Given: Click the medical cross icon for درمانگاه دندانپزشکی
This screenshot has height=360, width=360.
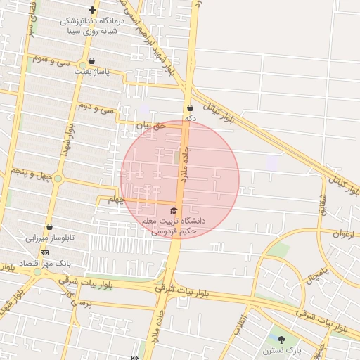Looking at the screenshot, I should pyautogui.click(x=92, y=10).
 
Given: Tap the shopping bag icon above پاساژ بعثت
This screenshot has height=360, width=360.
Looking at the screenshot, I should pyautogui.click(x=92, y=61).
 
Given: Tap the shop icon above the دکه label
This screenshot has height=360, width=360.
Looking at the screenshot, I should pyautogui.click(x=190, y=108).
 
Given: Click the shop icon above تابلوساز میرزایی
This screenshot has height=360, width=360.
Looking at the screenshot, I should pyautogui.click(x=49, y=226).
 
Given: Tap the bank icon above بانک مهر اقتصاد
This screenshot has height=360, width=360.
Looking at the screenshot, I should pyautogui.click(x=44, y=252).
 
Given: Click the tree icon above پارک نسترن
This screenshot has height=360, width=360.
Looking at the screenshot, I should pyautogui.click(x=281, y=340).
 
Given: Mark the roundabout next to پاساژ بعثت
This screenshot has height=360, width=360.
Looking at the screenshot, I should pyautogui.click(x=82, y=65).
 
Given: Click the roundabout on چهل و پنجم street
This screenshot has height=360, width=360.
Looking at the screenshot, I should pyautogui.click(x=58, y=179).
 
